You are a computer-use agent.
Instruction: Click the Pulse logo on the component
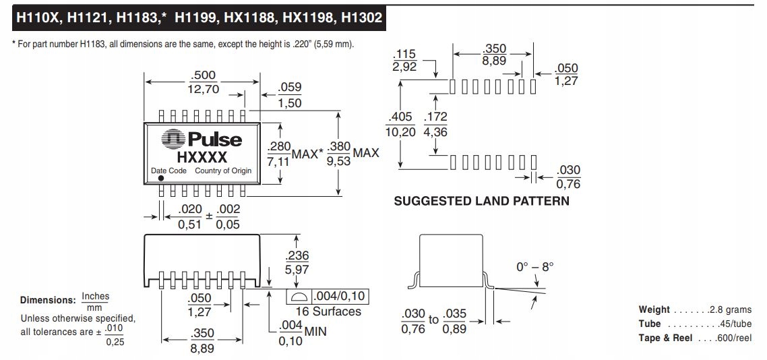201,140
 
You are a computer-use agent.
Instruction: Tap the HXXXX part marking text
202,157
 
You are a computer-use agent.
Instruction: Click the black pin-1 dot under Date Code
161,178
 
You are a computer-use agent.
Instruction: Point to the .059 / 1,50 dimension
290,95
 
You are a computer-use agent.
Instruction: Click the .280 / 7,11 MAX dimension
278,154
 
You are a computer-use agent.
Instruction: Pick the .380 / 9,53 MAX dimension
339,153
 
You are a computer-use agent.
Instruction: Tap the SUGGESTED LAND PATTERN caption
481,201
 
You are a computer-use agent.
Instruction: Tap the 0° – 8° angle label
534,267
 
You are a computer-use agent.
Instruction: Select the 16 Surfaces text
328,311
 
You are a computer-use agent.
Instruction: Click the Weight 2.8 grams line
694,309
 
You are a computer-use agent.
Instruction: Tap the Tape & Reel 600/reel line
694,338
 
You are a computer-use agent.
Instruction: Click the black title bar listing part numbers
199,18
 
